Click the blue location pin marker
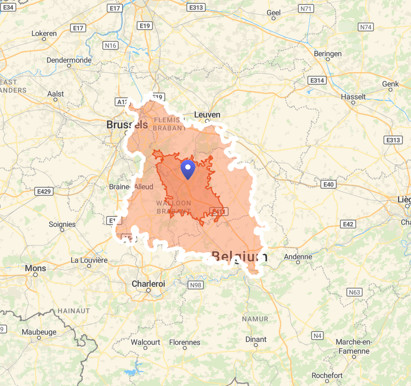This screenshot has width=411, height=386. pyautogui.click(x=188, y=169)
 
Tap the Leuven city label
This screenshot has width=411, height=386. pyautogui.click(x=207, y=115)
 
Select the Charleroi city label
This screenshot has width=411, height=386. pyautogui.click(x=148, y=284)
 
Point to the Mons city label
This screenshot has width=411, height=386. pyautogui.click(x=36, y=269)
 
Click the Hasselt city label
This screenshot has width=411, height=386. pyautogui.click(x=353, y=97)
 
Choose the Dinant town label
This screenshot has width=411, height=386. pyautogui.click(x=256, y=340)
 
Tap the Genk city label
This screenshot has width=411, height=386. pyautogui.click(x=390, y=84)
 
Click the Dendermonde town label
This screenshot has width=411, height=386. pyautogui.click(x=69, y=60)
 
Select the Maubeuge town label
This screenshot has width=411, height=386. pyautogui.click(x=39, y=332)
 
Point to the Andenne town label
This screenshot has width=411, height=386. pyautogui.click(x=298, y=257)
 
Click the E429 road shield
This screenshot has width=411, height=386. pyautogui.click(x=44, y=191)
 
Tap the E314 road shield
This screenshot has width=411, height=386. pyautogui.click(x=316, y=80)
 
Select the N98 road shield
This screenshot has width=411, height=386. pyautogui.click(x=195, y=285)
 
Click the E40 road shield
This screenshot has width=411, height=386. pyautogui.click(x=328, y=185)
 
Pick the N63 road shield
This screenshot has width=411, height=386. pyautogui.click(x=354, y=292)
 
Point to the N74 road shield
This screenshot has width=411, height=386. pyautogui.click(x=366, y=27)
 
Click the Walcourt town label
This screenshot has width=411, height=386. pyautogui.click(x=146, y=342)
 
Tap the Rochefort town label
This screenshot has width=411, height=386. pyautogui.click(x=327, y=376)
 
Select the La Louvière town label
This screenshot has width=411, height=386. pyautogui.click(x=89, y=260)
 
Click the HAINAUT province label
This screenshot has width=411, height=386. pyautogui.click(x=74, y=311)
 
